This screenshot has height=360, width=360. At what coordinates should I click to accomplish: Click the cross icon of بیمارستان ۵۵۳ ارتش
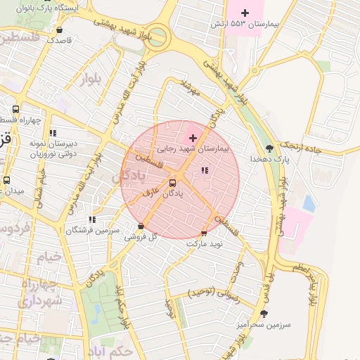245,13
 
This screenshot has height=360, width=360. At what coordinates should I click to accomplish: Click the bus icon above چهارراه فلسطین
15,109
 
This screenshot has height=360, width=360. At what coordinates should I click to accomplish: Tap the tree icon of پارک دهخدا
269,148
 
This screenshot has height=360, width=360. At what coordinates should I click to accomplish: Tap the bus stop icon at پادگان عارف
173,184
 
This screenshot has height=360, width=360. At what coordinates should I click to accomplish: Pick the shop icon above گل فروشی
141,226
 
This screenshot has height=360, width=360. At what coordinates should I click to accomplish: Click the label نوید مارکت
205,243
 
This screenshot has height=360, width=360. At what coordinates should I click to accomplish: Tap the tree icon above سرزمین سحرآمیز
264,314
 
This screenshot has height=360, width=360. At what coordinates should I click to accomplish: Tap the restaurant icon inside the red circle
205,170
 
